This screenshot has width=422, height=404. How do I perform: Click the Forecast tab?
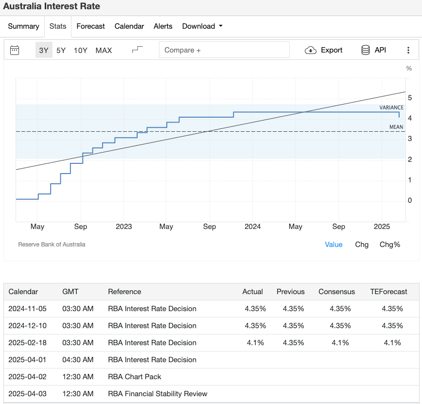point(90,26)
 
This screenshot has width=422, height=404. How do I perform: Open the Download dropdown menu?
point(202,26)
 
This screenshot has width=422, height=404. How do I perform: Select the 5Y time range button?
point(61,50)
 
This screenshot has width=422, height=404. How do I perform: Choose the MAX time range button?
point(104,50)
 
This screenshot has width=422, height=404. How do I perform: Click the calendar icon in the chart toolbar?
point(15,50)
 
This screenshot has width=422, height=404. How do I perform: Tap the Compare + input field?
point(224,50)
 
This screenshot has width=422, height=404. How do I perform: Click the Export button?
point(324,50)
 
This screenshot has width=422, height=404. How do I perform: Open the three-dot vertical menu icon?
point(408,50)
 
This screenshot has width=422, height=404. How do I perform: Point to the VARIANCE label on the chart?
point(391,107)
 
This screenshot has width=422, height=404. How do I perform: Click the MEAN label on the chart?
point(396,127)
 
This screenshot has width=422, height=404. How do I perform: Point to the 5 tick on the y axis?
point(410,98)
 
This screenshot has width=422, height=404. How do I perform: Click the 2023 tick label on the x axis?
point(123,227)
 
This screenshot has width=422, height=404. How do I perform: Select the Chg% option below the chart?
point(390,245)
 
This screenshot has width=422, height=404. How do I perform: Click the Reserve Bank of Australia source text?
point(52,245)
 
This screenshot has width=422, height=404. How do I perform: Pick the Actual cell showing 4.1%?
point(255,343)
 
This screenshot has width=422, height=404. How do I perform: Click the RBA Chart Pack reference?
point(134,377)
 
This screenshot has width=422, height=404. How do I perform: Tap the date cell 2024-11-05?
point(28,309)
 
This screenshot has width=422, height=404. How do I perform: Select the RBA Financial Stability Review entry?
point(158,394)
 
